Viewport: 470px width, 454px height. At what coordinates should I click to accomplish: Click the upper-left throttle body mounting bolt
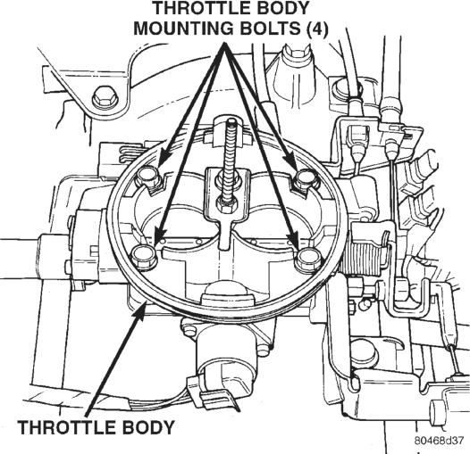click(x=147, y=177)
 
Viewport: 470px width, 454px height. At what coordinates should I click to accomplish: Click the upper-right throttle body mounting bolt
click(x=305, y=178)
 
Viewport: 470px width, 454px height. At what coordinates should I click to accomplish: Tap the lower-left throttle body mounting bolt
click(x=144, y=255)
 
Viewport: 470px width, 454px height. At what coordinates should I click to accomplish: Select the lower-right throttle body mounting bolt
click(x=308, y=258)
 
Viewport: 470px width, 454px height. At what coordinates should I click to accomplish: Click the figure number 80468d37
click(x=439, y=441)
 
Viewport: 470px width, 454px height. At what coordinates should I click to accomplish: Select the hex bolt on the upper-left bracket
click(x=105, y=98)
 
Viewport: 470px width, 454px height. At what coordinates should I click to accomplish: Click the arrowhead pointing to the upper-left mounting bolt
click(x=163, y=158)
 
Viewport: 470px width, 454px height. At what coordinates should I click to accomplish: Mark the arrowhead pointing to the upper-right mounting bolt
click(x=292, y=161)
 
